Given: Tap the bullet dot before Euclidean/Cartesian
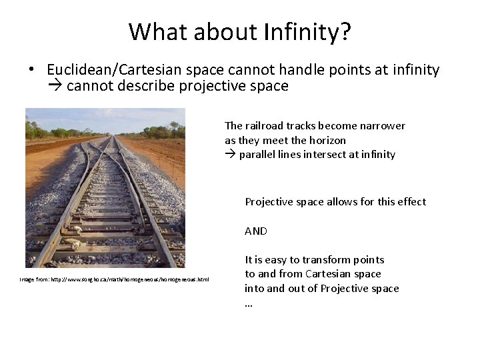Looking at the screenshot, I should pos(31,71).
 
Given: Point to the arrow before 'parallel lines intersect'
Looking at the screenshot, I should pos(230,155).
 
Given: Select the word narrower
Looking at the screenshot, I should pos(382,126).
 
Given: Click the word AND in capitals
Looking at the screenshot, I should pos(256,231).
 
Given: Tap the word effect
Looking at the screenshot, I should pos(411,202).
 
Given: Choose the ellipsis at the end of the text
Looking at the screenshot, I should pos(249,303).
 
